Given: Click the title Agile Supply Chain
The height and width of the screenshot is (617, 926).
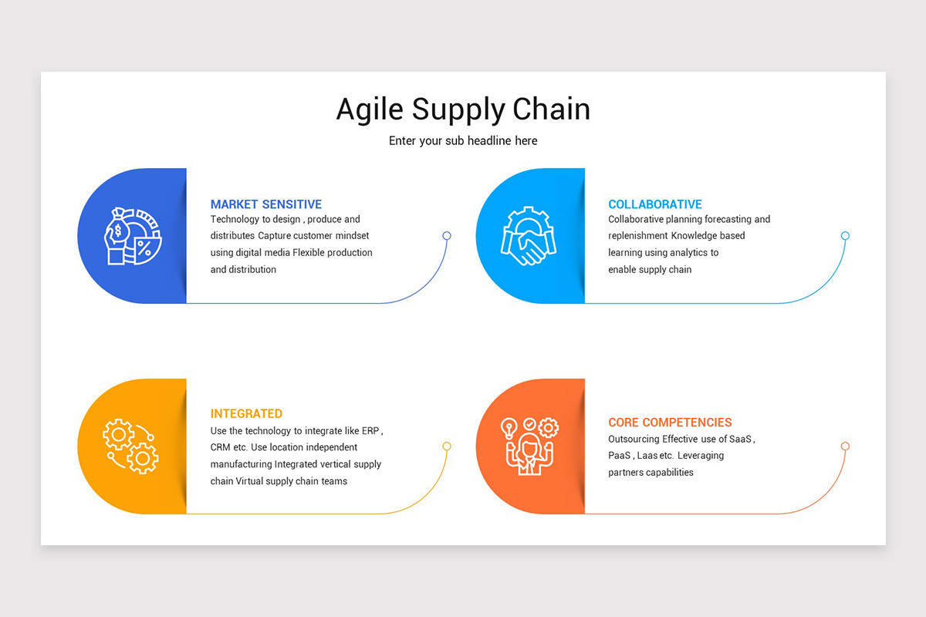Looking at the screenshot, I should (463, 110).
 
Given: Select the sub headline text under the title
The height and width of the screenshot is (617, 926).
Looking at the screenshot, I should (463, 141).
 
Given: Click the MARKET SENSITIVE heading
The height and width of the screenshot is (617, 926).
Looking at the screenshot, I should (266, 204).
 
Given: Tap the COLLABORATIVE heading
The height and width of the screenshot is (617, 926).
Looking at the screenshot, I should (655, 204).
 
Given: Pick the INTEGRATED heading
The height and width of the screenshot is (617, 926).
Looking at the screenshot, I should (246, 414).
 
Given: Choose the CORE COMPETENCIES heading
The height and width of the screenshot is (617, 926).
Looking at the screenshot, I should (670, 423).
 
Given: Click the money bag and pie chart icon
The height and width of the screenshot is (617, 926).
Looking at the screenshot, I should (132, 236).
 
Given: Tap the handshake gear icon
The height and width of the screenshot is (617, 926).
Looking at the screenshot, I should (529, 236).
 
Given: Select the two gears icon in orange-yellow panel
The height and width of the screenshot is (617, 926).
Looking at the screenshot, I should (131, 446).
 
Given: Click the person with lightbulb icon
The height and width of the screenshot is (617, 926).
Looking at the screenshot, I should (529, 446).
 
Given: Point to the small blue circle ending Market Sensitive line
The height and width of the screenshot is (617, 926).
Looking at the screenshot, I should (447, 236).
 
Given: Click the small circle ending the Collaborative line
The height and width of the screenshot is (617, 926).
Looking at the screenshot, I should (845, 236).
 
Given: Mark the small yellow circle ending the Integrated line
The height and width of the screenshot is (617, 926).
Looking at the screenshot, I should (447, 447).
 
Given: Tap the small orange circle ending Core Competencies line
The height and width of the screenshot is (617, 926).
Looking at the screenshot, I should (845, 447).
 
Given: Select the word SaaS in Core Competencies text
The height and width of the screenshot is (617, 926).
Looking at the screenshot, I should (740, 440).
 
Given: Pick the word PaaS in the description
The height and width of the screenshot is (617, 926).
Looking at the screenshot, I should (620, 456).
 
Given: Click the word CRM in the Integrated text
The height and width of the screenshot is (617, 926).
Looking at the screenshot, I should (221, 448).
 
